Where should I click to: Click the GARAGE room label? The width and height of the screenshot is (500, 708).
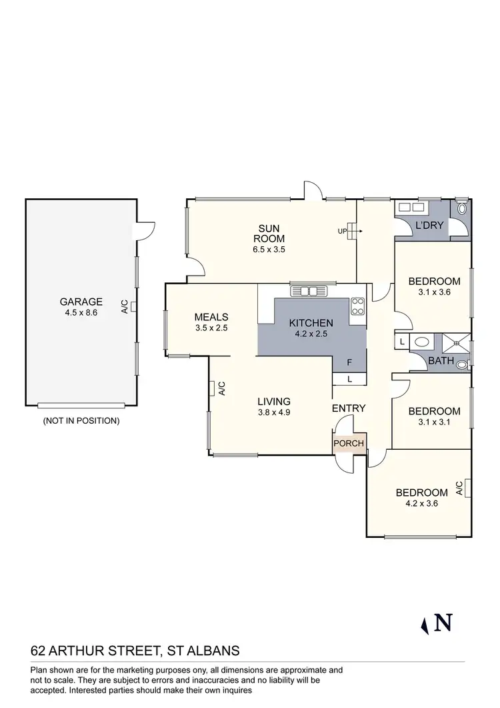click(x=81, y=301)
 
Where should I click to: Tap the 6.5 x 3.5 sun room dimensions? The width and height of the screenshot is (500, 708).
click(x=267, y=250)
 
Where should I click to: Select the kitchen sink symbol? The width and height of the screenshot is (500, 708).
click(x=308, y=291)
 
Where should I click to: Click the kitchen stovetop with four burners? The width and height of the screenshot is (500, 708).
click(x=358, y=306)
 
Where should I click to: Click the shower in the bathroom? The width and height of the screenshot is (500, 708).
click(x=457, y=342)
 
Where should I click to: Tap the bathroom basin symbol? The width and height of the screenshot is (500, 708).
click(x=422, y=342)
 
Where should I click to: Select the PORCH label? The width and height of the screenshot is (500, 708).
click(x=349, y=444)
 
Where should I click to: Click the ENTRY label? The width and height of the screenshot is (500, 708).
click(x=349, y=408)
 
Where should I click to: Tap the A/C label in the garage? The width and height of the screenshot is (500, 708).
click(x=125, y=306)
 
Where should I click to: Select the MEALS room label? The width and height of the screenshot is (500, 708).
click(x=211, y=317)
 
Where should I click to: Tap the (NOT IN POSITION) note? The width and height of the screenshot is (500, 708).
click(x=81, y=420)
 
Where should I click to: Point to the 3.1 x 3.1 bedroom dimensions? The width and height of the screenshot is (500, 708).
click(x=434, y=422)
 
